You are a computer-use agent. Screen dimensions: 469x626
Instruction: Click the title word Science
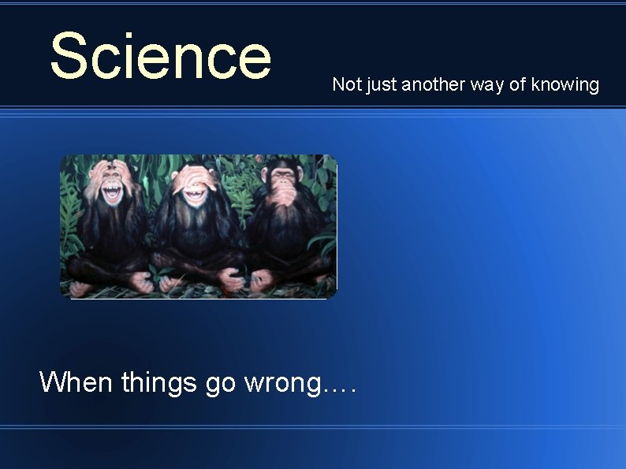[160, 56]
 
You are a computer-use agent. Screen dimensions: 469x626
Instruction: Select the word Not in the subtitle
[345, 84]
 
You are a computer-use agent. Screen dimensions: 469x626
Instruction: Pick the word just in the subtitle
[380, 85]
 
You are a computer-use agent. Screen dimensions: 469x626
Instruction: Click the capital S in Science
[68, 56]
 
